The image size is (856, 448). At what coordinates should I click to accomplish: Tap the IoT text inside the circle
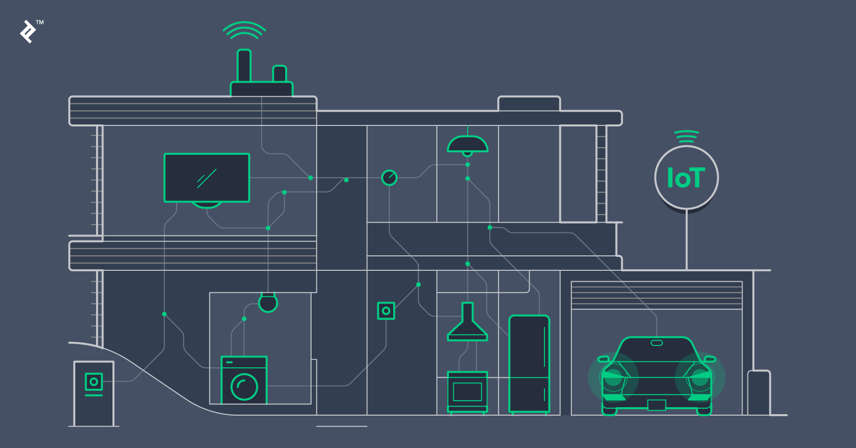point(686,178)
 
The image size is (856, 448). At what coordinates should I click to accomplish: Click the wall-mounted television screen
point(207,178)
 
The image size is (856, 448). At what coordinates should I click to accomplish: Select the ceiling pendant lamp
point(467,144)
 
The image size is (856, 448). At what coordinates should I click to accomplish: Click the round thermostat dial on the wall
point(389,177)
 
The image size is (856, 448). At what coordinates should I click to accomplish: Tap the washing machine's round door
point(244,386)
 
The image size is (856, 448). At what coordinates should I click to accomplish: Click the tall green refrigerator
point(529,363)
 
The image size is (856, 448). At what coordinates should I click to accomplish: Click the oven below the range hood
point(467,392)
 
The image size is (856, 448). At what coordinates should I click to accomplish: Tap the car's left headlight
point(614,378)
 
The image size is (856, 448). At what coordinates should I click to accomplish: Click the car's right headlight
point(700,378)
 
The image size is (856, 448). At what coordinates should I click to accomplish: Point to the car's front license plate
point(656,405)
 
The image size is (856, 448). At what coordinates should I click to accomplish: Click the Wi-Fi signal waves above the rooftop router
point(244,30)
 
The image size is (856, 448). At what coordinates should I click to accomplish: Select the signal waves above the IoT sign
point(686,136)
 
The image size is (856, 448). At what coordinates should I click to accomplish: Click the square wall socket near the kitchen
point(386,311)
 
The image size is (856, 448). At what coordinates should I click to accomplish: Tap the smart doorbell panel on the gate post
point(94,383)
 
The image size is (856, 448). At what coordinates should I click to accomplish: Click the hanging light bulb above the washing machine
point(268,302)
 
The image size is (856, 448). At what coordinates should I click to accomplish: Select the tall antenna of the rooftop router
point(244,65)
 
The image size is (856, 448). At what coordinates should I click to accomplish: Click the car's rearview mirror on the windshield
point(657,343)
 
